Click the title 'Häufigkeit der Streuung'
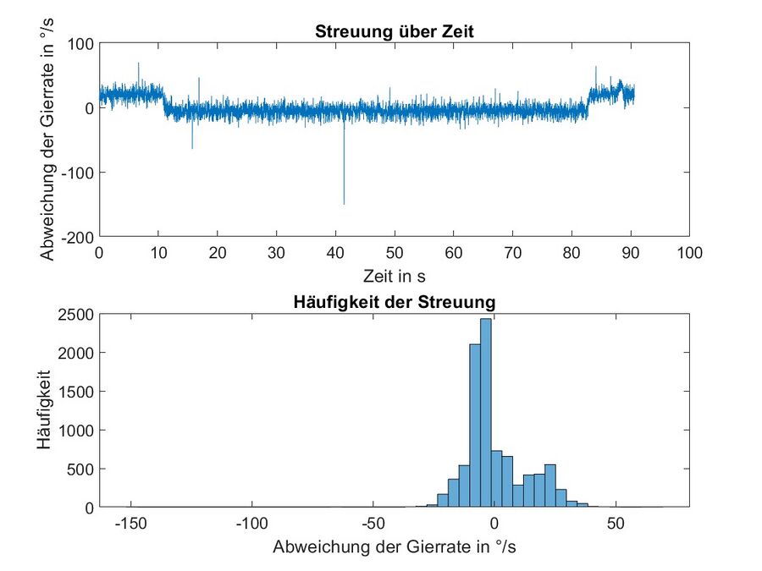(x=395, y=303)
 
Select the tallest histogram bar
(x=485, y=415)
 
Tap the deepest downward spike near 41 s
(x=344, y=201)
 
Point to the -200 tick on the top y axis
(x=80, y=236)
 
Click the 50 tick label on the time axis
(x=395, y=252)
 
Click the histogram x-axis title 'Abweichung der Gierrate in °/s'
(x=395, y=547)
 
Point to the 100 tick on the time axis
(x=690, y=252)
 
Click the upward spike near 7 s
(x=139, y=64)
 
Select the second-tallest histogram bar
(x=475, y=427)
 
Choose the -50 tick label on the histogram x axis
(x=373, y=524)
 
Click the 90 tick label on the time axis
(x=631, y=252)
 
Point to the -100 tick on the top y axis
(x=80, y=172)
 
